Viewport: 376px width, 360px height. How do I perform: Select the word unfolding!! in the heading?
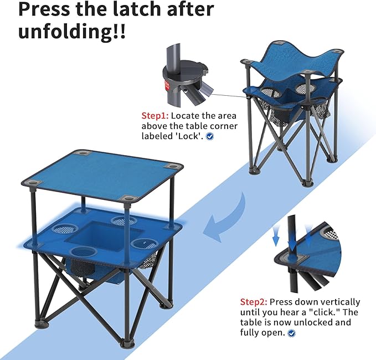[x=72, y=31]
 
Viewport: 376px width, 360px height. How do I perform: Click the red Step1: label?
[x=155, y=116]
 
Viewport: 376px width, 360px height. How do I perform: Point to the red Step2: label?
[x=254, y=302]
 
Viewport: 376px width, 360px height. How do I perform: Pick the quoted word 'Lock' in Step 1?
[x=190, y=136]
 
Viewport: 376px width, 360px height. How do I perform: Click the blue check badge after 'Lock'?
[x=210, y=136]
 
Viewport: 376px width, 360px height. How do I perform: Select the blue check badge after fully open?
[x=292, y=333]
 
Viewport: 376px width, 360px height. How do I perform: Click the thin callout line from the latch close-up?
[x=227, y=95]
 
